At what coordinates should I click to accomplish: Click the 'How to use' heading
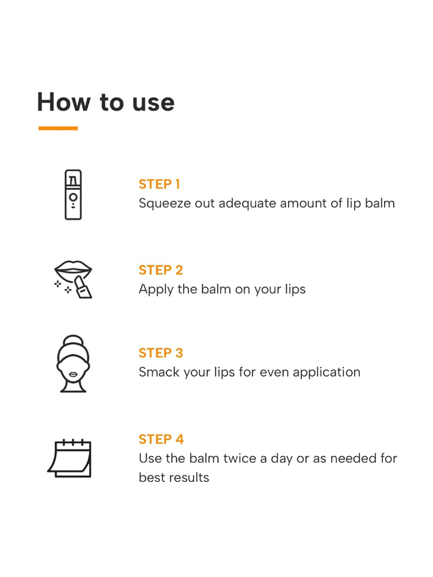tap(106, 102)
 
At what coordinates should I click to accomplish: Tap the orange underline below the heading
tap(58, 128)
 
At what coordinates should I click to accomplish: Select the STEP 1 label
tap(159, 184)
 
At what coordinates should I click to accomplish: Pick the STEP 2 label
tap(161, 270)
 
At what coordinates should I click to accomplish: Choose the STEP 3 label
tap(161, 353)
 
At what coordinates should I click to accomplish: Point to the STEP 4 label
tap(161, 439)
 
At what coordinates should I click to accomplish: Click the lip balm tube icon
tap(73, 194)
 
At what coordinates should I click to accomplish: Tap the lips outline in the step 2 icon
tap(73, 267)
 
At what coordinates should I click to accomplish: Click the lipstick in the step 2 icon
tap(83, 287)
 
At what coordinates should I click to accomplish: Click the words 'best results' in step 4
tap(174, 477)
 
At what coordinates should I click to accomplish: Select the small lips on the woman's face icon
tap(73, 374)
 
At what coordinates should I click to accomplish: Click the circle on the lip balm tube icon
tap(73, 197)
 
